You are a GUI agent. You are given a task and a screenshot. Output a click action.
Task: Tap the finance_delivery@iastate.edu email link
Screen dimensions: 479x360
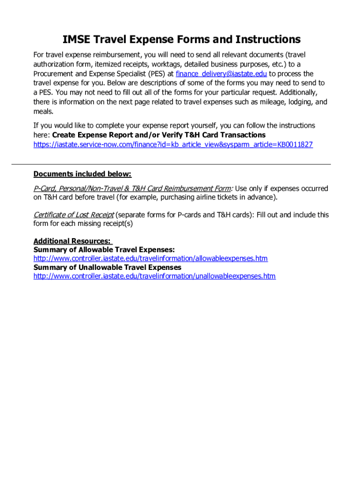(221, 74)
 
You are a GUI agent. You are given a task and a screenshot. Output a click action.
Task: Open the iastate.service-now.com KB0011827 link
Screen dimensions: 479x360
(173, 145)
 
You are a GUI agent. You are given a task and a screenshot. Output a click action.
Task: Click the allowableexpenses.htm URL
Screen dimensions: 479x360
(151, 259)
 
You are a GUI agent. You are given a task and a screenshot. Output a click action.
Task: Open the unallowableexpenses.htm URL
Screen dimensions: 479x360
(154, 276)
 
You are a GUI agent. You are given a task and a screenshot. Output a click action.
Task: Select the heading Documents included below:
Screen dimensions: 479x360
(82, 174)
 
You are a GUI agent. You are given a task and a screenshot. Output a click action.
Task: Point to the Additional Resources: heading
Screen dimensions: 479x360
(72, 241)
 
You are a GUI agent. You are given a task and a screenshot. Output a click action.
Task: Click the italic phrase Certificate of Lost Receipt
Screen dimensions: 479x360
(73, 215)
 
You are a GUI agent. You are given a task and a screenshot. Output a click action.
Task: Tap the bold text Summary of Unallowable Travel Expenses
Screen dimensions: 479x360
(108, 268)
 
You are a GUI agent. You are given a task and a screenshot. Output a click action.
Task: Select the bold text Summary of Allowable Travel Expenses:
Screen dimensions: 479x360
(104, 250)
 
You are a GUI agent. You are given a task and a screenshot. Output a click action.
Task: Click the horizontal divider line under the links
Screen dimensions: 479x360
(171, 164)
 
